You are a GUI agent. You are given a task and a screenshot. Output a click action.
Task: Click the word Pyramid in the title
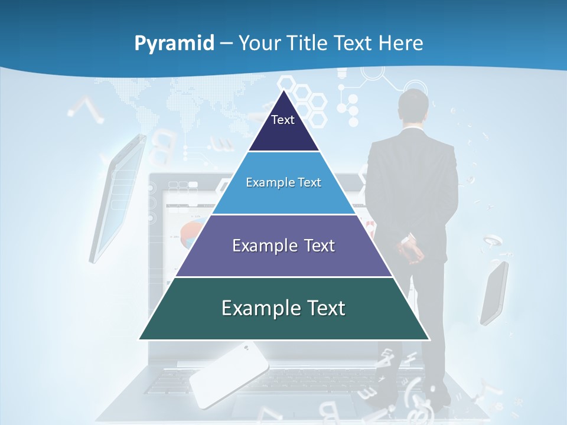click(x=174, y=44)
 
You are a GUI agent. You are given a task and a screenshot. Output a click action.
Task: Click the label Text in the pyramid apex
click(x=283, y=120)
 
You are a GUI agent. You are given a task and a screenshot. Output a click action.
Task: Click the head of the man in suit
click(x=412, y=106)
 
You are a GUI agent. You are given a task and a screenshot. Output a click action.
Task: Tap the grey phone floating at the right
click(x=494, y=293)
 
